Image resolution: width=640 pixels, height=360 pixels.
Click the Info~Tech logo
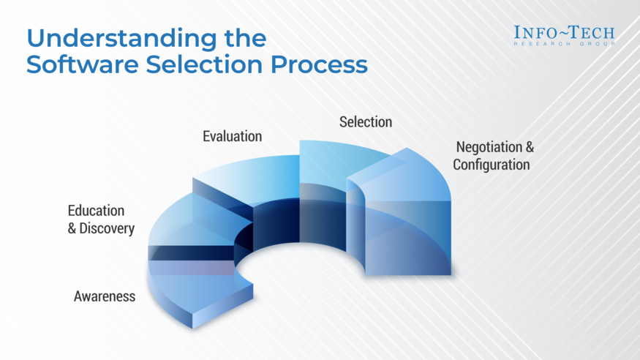564,33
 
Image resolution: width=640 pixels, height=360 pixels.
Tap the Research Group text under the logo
564,44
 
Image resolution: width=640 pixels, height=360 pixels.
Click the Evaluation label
232,136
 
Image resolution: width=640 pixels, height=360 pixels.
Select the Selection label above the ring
366,121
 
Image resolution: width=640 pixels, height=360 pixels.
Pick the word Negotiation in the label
487,147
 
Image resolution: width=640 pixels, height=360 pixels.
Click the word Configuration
491,165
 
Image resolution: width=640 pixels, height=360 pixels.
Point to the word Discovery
107,228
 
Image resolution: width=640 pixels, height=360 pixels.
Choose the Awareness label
105,296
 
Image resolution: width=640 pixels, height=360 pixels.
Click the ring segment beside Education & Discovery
183,227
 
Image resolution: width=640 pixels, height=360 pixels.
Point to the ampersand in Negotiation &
530,147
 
